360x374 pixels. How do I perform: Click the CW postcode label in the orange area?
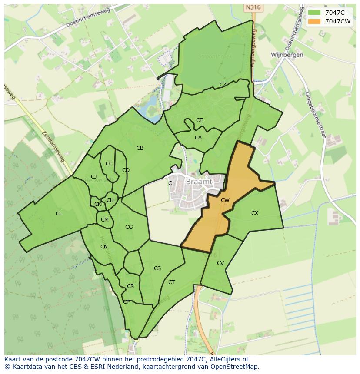[x=225, y=200]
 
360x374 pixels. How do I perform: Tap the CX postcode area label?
[x=255, y=213]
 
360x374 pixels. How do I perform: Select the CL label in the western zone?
[x=59, y=214]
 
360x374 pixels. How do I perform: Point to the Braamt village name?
[x=199, y=182]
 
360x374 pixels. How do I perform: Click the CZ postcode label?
[x=223, y=85]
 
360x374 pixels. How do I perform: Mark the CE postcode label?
[x=199, y=120]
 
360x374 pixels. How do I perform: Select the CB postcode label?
[x=140, y=148]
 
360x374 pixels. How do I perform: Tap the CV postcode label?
[x=220, y=263]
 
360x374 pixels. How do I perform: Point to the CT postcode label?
[x=172, y=282]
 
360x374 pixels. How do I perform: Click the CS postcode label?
[x=157, y=268]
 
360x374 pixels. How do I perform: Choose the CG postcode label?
[x=129, y=227]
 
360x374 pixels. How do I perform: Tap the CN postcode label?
[x=104, y=247]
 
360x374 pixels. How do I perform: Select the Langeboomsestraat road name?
[x=315, y=115]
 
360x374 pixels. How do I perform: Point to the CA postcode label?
[x=198, y=138]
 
